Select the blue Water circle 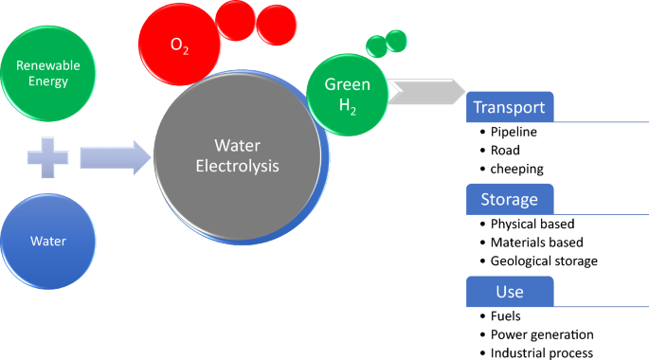click(48, 240)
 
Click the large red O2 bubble click(179, 44)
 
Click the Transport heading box click(509, 107)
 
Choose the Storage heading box click(509, 199)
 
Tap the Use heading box click(509, 291)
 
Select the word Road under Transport click(505, 149)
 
